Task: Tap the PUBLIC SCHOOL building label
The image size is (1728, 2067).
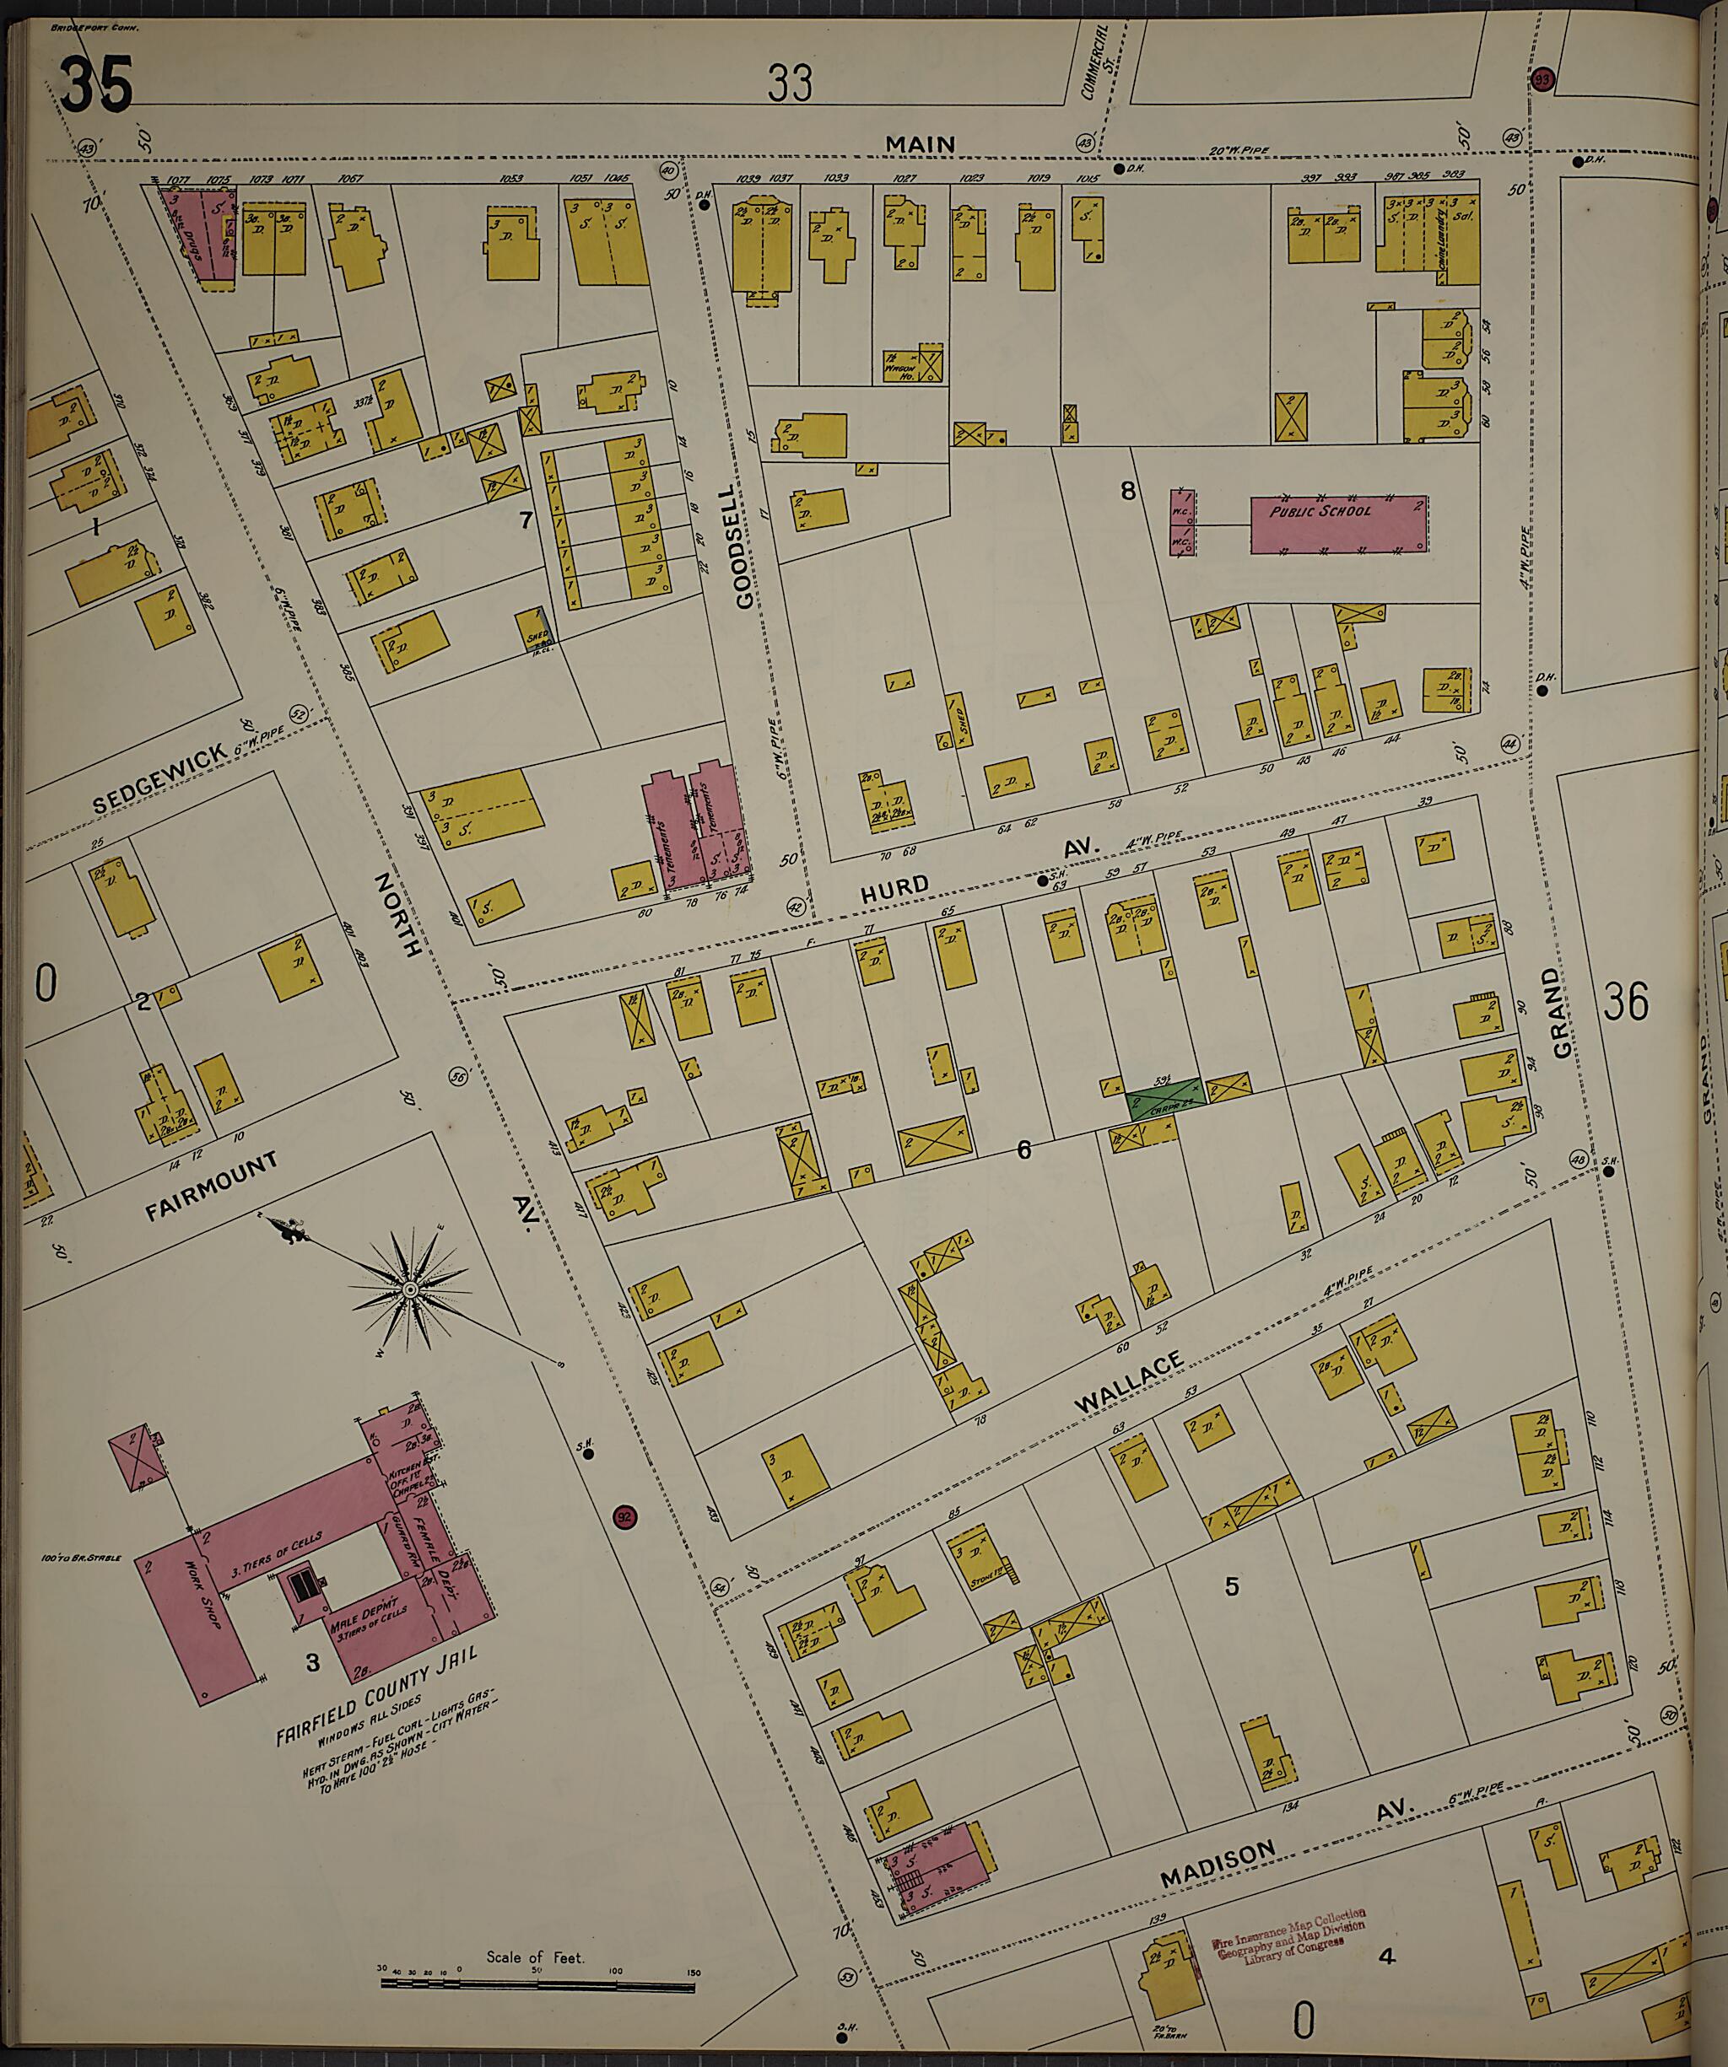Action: [1319, 512]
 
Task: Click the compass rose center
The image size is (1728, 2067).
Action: [408, 1290]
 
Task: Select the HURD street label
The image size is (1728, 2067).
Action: [894, 888]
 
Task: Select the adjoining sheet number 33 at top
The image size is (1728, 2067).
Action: [791, 84]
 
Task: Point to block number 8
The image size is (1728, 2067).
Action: [1127, 489]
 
